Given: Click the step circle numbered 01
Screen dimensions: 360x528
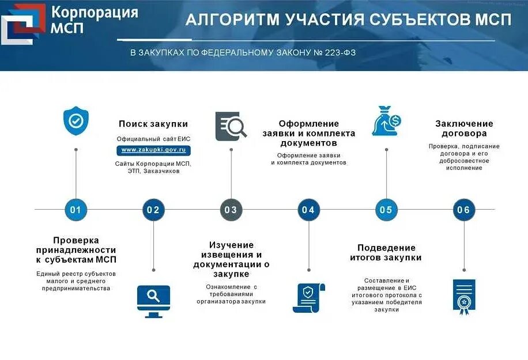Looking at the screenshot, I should coord(76,210).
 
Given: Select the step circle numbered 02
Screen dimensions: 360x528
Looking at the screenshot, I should coord(153,210).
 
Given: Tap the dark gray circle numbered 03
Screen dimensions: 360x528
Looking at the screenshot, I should coord(231,210).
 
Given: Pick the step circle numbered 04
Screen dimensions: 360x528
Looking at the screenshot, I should coord(308,210).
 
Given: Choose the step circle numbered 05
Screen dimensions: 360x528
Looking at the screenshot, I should coord(386,210).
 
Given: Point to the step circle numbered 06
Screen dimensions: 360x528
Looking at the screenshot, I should coord(464,210).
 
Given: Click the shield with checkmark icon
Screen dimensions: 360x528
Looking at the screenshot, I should coord(76,121).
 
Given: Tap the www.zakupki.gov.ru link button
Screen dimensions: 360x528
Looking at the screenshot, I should coord(153,150).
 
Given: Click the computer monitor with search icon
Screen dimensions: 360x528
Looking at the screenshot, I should coord(153,301).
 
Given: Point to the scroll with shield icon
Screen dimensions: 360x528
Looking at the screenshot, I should coord(309,298).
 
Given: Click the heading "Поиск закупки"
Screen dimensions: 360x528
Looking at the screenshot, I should coord(153,124).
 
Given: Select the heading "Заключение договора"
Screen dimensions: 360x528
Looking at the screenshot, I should coord(464,128).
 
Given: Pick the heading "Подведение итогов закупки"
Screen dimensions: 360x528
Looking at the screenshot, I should coord(386,252).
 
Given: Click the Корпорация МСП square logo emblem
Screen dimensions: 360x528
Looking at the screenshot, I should coord(23,23).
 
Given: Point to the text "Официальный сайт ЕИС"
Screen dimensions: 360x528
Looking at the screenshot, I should coord(153,139).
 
